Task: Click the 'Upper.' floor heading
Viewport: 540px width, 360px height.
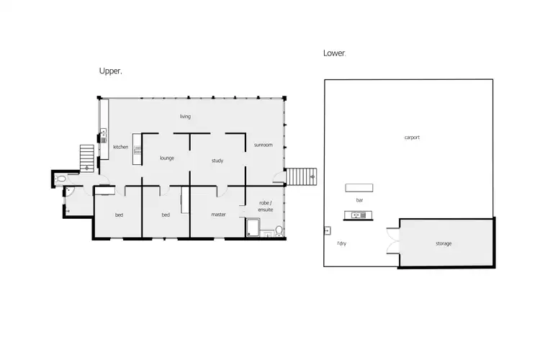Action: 110,71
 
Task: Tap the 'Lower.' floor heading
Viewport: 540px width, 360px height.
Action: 335,53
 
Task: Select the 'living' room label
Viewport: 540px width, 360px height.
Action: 185,116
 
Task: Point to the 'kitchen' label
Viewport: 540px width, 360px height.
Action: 120,147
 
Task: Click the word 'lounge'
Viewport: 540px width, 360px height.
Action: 167,158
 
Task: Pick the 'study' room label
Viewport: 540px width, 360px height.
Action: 217,161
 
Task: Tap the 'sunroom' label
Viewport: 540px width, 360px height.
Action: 263,145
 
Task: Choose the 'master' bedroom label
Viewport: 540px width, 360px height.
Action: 219,214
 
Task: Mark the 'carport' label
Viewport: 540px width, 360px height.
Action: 412,137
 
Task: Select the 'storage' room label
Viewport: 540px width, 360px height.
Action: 444,243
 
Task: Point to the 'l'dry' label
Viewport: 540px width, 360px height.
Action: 342,243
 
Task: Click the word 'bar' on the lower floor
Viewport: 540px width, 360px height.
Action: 359,202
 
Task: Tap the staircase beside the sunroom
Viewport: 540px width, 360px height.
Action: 302,176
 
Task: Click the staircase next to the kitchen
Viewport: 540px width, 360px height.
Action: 86,155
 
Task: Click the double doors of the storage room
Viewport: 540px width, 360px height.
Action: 392,241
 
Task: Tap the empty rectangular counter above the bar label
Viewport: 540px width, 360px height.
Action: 359,188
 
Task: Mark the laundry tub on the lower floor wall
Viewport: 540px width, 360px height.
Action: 327,230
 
